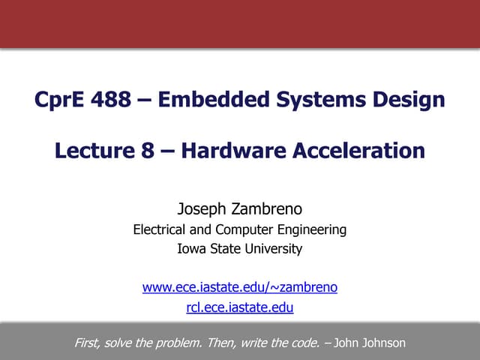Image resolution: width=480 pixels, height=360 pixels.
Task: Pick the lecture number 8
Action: [148, 151]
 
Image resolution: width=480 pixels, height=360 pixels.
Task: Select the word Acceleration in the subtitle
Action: [359, 151]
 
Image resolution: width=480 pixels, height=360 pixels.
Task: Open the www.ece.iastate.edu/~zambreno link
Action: [240, 286]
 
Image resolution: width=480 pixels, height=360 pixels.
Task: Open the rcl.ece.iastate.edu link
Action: [240, 307]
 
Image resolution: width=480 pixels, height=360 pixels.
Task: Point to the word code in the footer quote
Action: [303, 343]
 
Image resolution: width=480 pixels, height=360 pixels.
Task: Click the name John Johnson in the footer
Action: [370, 343]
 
